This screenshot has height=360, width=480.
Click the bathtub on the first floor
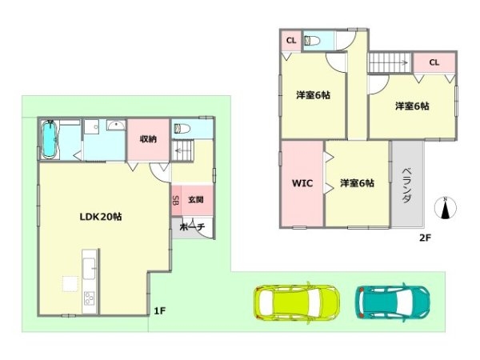50,141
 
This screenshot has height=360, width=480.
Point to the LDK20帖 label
100,217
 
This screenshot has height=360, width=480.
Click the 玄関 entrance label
195,199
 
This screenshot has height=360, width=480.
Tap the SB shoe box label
176,201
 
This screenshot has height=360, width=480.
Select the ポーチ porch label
193,227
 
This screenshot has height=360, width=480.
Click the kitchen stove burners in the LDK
88,301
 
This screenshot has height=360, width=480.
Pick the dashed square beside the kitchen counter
70,282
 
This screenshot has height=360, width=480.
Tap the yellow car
296,301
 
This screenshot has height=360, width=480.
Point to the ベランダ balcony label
406,185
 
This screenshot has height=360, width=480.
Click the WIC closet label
302,183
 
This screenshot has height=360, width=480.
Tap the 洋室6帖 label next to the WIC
357,183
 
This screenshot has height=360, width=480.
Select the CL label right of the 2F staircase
434,62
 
